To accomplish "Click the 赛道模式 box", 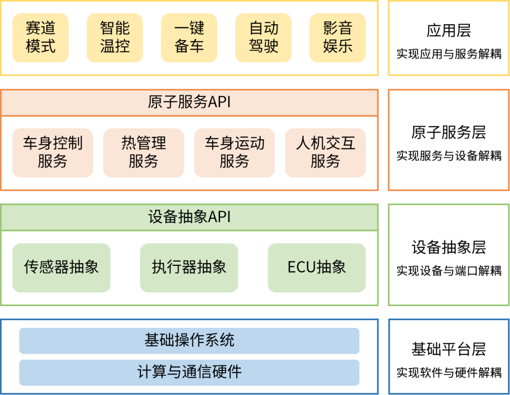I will pyautogui.click(x=41, y=37).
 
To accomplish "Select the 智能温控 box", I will pyautogui.click(x=115, y=37).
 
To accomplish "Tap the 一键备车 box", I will pyautogui.click(x=189, y=37).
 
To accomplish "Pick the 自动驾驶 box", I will pyautogui.click(x=263, y=37).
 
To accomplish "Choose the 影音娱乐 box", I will pyautogui.click(x=338, y=37).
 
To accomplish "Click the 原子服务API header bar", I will pyautogui.click(x=189, y=102).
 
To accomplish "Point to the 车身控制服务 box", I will pyautogui.click(x=52, y=152).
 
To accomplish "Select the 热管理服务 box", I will pyautogui.click(x=144, y=152).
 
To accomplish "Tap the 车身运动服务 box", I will pyautogui.click(x=234, y=152).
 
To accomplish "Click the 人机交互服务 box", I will pyautogui.click(x=325, y=152).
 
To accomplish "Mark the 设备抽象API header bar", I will pyautogui.click(x=189, y=217).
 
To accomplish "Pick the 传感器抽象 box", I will pyautogui.click(x=61, y=267).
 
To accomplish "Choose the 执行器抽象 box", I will pyautogui.click(x=189, y=267).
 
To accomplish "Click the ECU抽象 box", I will pyautogui.click(x=317, y=267).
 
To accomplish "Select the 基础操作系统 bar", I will pyautogui.click(x=189, y=341).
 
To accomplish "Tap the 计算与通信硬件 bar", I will pyautogui.click(x=189, y=372).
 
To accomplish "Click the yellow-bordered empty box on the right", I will pyautogui.click(x=449, y=38).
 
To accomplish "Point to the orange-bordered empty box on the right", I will pyautogui.click(x=449, y=140).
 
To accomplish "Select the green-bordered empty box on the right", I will pyautogui.click(x=449, y=255).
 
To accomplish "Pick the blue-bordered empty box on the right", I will pyautogui.click(x=449, y=357).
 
